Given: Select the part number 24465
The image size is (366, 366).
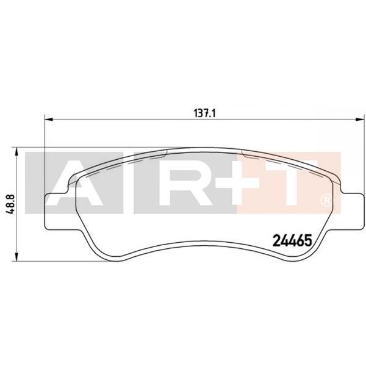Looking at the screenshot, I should pyautogui.click(x=291, y=240).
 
